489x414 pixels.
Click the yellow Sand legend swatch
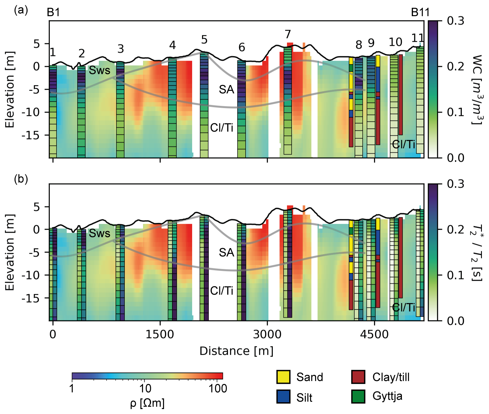pyautogui.click(x=283, y=377)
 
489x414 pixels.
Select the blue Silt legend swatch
pyautogui.click(x=283, y=397)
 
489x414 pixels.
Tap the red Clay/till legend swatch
pyautogui.click(x=358, y=377)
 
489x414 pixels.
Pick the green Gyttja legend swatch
pyautogui.click(x=358, y=396)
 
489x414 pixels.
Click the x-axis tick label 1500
pyautogui.click(x=160, y=335)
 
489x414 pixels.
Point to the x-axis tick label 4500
pyautogui.click(x=374, y=335)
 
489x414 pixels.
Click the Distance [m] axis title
pyautogui.click(x=236, y=351)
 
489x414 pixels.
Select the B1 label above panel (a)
pyautogui.click(x=53, y=12)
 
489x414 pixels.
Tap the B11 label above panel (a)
pyautogui.click(x=420, y=12)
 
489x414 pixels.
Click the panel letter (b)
pyautogui.click(x=21, y=179)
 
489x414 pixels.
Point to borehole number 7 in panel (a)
pyautogui.click(x=288, y=34)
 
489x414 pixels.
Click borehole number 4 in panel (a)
pyautogui.click(x=172, y=45)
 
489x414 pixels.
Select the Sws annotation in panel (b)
pyautogui.click(x=99, y=233)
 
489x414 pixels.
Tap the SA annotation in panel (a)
pyautogui.click(x=226, y=90)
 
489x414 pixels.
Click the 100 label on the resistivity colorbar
pyautogui.click(x=218, y=388)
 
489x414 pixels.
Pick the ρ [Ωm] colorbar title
pyautogui.click(x=147, y=403)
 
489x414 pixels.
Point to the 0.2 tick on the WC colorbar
pyautogui.click(x=455, y=66)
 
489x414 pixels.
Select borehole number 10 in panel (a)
pyautogui.click(x=395, y=42)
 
